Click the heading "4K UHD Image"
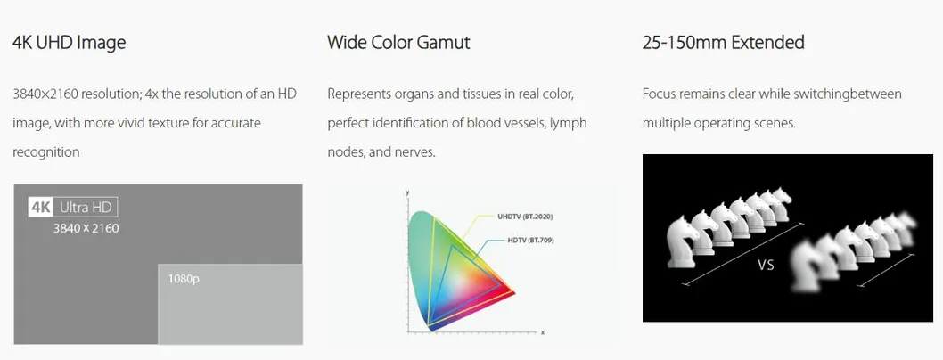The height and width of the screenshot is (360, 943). point(70,44)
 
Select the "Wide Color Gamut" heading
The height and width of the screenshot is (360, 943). point(398,43)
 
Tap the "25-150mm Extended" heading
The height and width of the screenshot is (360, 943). point(723,43)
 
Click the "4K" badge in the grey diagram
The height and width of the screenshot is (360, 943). point(42,208)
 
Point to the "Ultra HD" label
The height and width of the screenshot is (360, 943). point(86,208)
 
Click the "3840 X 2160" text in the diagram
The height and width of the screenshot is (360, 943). point(86,228)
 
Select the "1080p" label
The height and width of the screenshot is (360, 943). point(184,279)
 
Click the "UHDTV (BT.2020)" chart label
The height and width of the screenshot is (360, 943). point(524,217)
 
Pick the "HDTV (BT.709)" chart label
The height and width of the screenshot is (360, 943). point(530,241)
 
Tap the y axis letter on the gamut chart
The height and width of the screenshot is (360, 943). point(407,192)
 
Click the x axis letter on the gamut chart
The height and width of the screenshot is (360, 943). point(543,332)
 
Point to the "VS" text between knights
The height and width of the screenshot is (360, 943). point(767,265)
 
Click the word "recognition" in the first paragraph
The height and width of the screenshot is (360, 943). point(45,152)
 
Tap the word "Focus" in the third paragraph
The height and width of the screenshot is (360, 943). point(658,94)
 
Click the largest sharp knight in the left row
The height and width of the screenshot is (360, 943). point(685,241)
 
